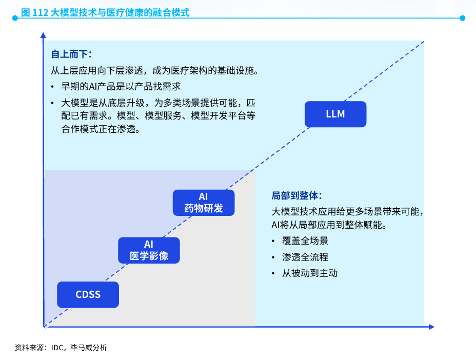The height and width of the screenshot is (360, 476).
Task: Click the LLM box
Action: (x=335, y=114)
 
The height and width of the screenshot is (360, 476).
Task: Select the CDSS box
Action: (x=88, y=294)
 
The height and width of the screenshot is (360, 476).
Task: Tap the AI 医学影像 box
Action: (x=149, y=250)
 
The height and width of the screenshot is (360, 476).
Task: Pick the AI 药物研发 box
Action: (x=203, y=203)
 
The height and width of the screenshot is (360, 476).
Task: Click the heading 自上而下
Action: (x=71, y=54)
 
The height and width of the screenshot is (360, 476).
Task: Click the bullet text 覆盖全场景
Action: (x=305, y=241)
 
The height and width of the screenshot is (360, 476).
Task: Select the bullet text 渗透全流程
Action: (x=305, y=257)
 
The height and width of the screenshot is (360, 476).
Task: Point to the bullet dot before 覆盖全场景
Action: (x=274, y=241)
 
